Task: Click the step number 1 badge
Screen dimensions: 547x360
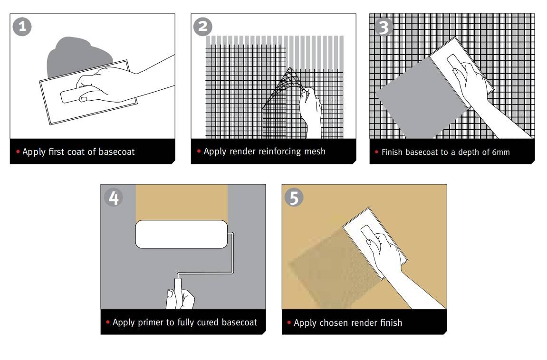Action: [22, 27]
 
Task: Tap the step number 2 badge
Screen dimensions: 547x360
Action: [202, 27]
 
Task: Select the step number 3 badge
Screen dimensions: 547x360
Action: [384, 27]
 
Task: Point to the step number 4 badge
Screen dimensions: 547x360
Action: [114, 198]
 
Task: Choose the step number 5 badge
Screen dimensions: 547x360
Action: [294, 198]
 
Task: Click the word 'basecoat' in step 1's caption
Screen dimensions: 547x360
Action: [116, 152]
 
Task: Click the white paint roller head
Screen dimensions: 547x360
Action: [182, 234]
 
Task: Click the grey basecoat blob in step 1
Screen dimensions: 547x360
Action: [79, 56]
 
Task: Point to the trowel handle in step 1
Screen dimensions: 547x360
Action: [75, 95]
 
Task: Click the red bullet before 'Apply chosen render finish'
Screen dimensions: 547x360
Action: [289, 322]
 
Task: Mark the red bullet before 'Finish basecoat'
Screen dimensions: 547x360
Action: [376, 152]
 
